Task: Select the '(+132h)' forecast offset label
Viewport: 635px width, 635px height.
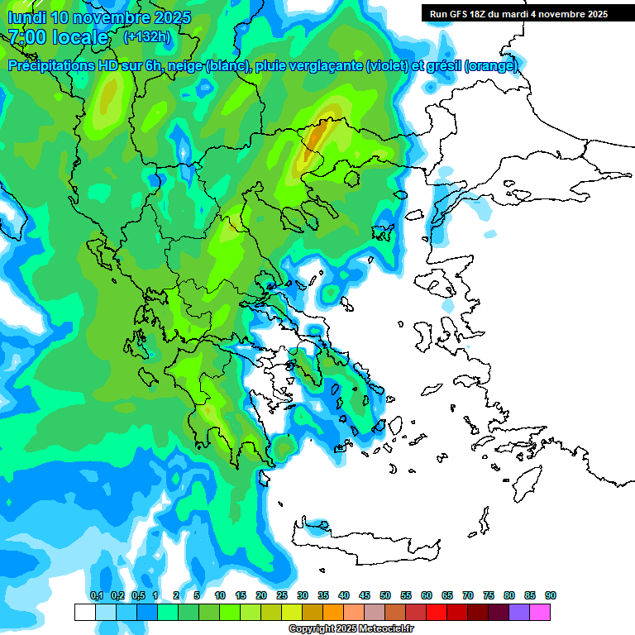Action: tap(148, 37)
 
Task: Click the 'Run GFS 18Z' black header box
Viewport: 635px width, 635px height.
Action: tap(518, 14)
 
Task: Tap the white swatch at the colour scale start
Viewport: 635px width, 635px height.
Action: tap(84, 612)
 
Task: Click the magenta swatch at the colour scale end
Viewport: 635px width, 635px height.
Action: tap(540, 612)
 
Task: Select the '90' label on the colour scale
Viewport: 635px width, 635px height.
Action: tap(550, 595)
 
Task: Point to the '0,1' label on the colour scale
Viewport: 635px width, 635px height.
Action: tap(96, 595)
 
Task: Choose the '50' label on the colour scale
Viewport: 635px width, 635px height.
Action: tap(385, 595)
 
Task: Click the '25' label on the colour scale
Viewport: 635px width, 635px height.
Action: tap(282, 595)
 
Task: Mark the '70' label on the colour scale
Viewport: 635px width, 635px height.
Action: tap(468, 595)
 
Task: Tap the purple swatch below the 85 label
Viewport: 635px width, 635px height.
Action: tap(519, 612)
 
